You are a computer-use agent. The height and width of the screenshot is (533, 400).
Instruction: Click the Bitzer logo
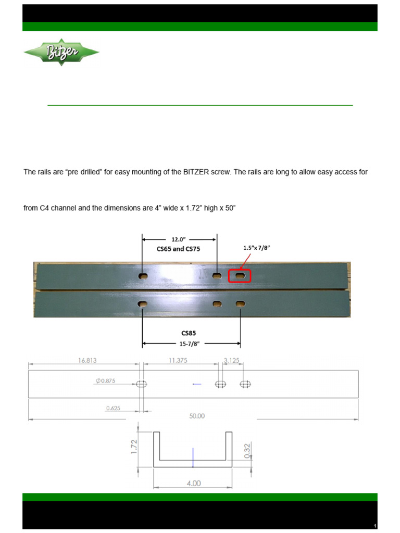point(61,52)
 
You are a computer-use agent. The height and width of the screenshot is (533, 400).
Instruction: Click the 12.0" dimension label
point(179,239)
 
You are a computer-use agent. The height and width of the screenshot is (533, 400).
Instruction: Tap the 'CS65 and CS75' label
point(179,249)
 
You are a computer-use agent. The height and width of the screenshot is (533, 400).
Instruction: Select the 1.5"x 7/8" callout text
point(256,248)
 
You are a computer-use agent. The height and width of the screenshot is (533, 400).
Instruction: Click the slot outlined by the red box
point(240,275)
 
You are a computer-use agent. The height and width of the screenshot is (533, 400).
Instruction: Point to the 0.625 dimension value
point(113,408)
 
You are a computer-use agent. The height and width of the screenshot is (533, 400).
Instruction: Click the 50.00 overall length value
point(197,416)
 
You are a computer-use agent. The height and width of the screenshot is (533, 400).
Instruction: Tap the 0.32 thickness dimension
point(247,449)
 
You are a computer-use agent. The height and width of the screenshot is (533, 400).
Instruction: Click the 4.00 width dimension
point(193,483)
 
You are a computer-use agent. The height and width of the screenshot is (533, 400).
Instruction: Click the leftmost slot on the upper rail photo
point(143,275)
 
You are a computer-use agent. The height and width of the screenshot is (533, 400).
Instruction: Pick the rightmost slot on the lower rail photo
point(240,303)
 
